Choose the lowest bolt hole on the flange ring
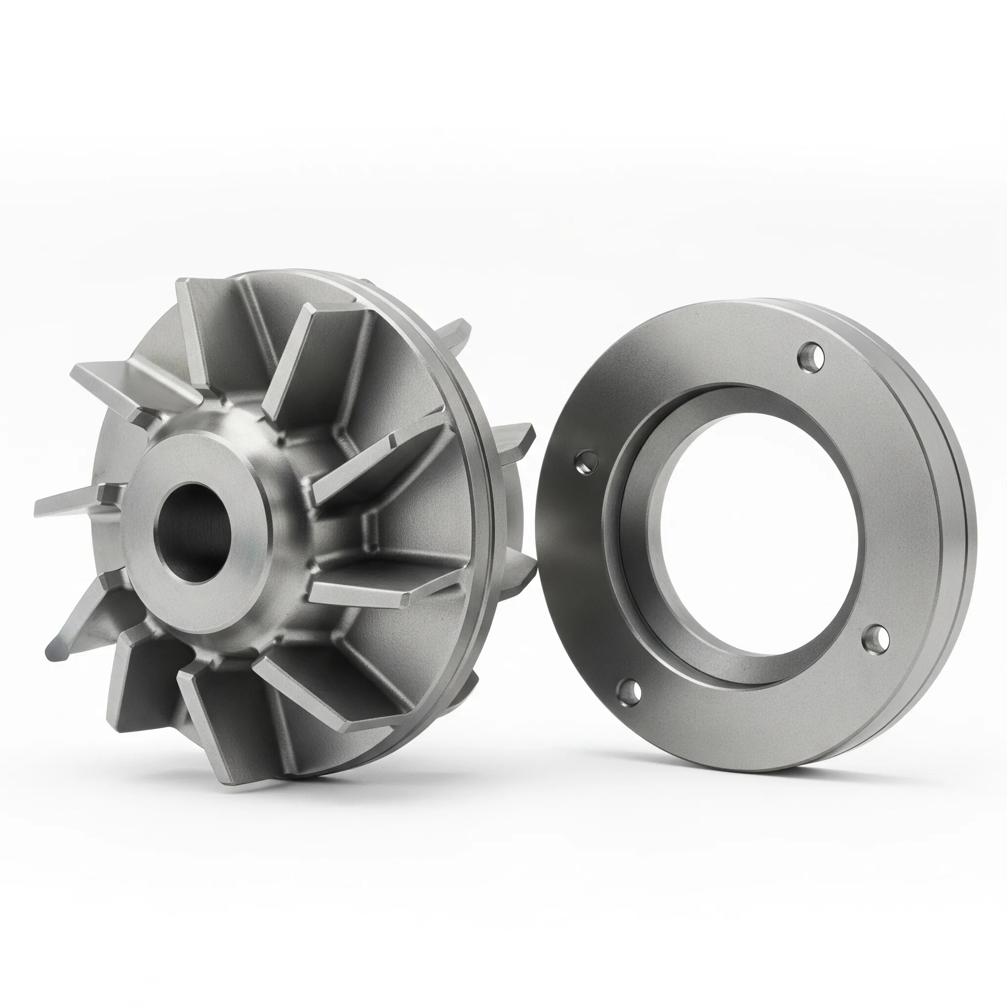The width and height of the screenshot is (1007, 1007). click(x=629, y=693)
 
